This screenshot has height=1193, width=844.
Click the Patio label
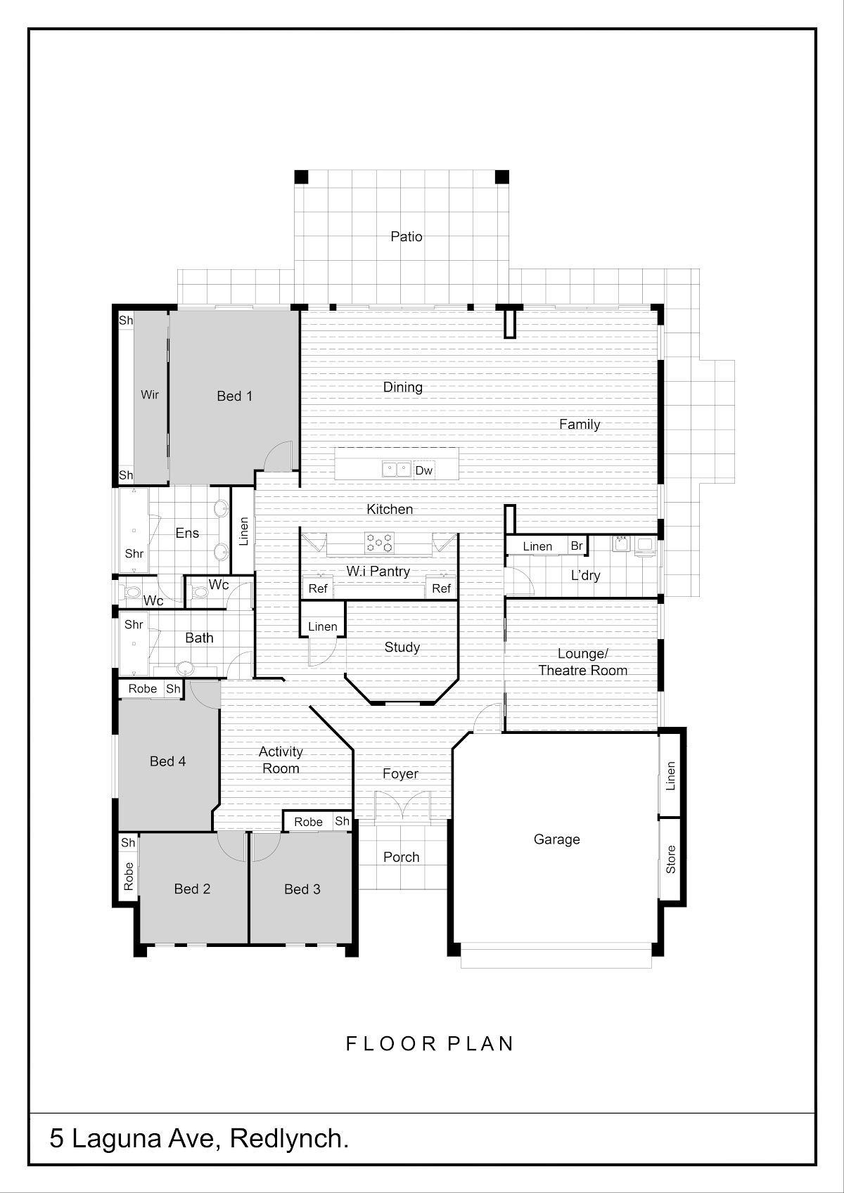[407, 236]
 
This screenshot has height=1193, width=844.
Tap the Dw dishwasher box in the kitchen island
[424, 470]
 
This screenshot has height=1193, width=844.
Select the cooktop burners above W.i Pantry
[379, 543]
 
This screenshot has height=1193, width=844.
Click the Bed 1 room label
[234, 396]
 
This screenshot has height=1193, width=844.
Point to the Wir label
[150, 394]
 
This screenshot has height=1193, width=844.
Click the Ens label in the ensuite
[187, 533]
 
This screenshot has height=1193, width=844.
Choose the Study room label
[402, 647]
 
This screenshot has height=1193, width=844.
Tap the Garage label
[557, 840]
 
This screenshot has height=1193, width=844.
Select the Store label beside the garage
[671, 860]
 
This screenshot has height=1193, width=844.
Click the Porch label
[401, 857]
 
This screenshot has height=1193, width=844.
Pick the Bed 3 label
[302, 889]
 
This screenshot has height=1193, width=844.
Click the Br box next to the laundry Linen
[577, 546]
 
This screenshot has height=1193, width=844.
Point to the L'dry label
[586, 575]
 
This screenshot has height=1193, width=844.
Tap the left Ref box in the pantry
[318, 588]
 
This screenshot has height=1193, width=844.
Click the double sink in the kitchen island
[397, 470]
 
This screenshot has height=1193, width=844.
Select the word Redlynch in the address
[289, 1139]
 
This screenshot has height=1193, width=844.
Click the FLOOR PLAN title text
[430, 1043]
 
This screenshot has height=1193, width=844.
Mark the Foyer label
[401, 773]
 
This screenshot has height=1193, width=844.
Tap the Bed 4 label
[168, 761]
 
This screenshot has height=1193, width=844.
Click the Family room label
[580, 425]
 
